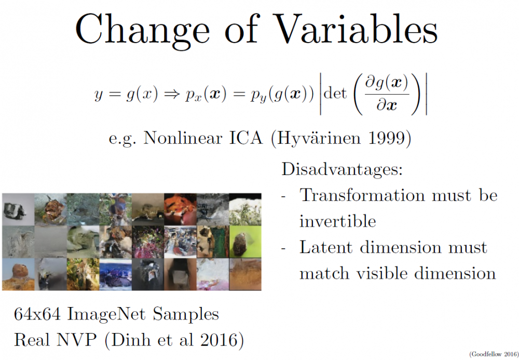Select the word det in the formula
335,93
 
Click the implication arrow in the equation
172,95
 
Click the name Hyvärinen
319,138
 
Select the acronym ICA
246,138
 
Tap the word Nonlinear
182,138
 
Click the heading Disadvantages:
342,169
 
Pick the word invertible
338,221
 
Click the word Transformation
362,195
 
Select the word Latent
326,247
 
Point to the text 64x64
37,314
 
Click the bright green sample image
245,242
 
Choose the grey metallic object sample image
18,210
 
